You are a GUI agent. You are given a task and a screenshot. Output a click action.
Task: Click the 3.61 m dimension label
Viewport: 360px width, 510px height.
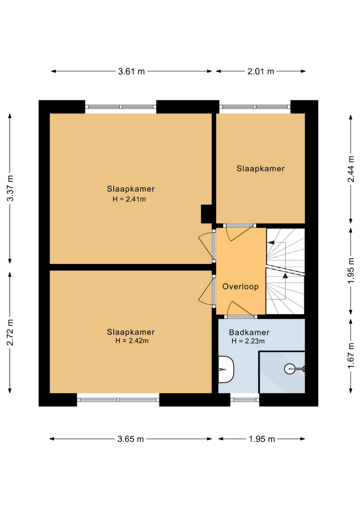tap(131, 71)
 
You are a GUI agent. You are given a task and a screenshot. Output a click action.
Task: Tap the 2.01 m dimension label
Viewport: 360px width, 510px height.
tap(260, 71)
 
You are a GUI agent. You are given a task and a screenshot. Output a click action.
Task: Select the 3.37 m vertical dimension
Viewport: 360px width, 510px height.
tap(10, 188)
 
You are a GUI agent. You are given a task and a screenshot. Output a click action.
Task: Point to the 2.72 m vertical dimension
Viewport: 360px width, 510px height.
tap(10, 332)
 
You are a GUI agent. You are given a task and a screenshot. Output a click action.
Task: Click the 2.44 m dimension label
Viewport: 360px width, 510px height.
tap(351, 169)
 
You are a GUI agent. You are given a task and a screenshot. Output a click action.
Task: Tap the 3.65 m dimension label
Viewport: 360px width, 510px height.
tap(131, 439)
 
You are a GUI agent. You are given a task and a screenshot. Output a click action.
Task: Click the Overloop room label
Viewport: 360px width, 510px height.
tap(241, 287)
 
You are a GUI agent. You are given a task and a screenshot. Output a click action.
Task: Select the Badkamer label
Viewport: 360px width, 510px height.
tap(249, 332)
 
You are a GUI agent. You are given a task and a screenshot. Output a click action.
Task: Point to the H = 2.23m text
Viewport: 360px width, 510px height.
tap(248, 341)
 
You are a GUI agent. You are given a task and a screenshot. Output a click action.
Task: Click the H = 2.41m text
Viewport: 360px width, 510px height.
tap(129, 199)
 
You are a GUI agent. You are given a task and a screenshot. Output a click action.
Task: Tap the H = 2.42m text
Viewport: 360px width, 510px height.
tap(132, 341)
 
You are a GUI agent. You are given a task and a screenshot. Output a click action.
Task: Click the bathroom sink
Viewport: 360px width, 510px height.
tap(226, 369)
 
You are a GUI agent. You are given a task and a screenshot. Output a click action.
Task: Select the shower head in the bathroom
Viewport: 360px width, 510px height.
tap(294, 369)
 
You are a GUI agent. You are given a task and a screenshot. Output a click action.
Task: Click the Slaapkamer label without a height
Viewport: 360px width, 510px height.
tap(260, 169)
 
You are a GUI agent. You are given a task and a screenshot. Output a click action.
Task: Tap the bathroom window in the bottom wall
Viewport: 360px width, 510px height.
tap(245, 400)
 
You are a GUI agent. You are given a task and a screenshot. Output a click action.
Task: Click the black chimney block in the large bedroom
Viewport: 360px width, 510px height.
tap(206, 214)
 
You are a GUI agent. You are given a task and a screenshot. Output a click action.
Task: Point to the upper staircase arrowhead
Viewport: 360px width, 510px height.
tap(271, 243)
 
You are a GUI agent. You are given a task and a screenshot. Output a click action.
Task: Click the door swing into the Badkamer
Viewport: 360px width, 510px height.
tap(241, 308)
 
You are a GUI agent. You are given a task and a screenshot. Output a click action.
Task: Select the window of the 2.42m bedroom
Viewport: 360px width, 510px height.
tap(118, 400)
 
